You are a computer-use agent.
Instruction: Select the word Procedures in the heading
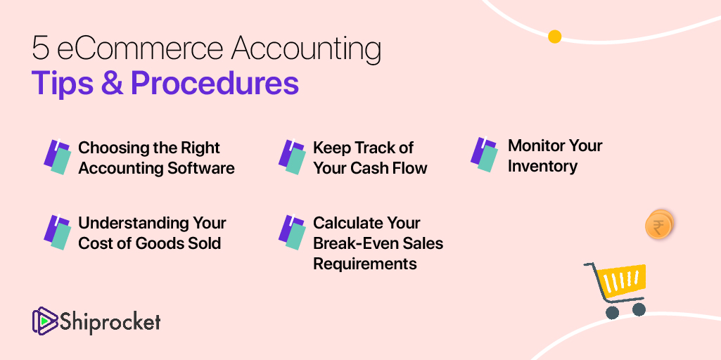[x=215, y=83]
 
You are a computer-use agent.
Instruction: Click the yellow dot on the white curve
[x=554, y=37]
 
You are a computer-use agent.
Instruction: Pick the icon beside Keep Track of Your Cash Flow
[x=292, y=157]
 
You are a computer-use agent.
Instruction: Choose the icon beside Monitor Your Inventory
[x=484, y=155]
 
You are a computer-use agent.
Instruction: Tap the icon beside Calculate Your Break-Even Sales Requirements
[x=292, y=232]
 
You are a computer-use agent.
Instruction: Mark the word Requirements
[x=364, y=264]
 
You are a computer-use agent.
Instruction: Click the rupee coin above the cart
[x=658, y=226]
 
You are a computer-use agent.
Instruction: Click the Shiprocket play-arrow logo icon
[x=44, y=321]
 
